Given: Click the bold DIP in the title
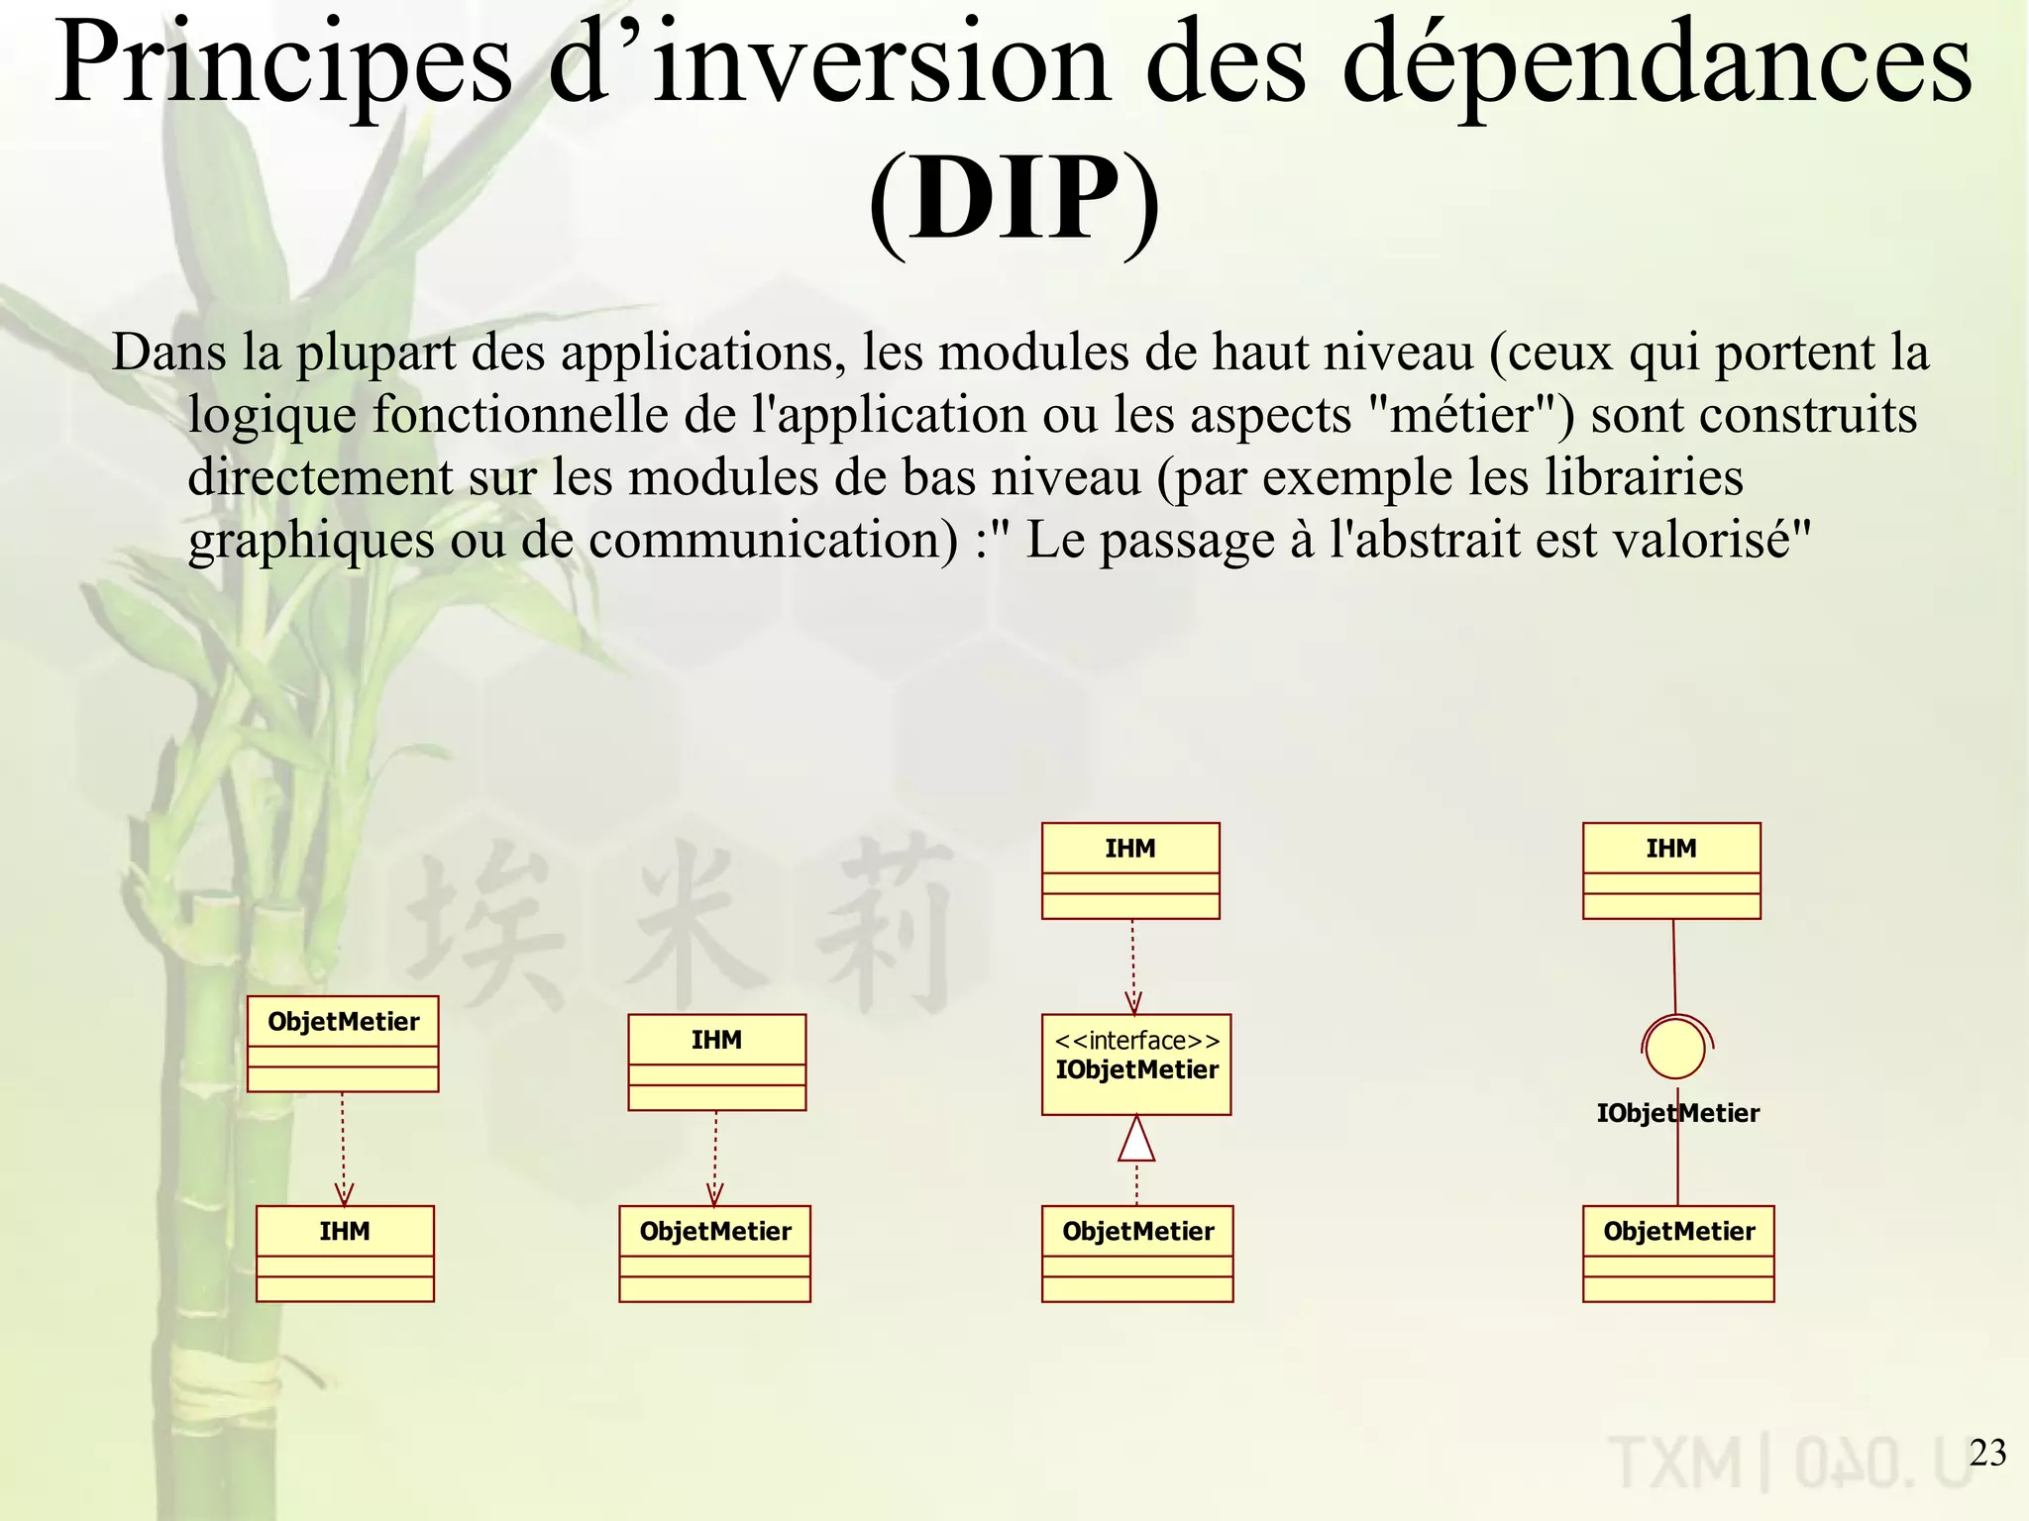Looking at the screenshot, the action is [1014, 198].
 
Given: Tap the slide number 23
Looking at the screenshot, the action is [1987, 1452].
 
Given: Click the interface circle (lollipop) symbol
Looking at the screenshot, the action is [1675, 1048].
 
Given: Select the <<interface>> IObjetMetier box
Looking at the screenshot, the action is [1136, 1064].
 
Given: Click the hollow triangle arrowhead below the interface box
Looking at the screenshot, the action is [1136, 1139].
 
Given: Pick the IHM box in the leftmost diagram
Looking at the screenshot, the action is [345, 1253].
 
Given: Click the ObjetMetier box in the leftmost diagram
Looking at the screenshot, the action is [343, 1044].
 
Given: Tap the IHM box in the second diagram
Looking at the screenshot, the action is [716, 1062].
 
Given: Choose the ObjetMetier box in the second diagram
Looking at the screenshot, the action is [714, 1253].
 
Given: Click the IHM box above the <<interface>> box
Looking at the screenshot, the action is [1130, 870].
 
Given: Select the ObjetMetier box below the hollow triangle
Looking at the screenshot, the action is [1137, 1253].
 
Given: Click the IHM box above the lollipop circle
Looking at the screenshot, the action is [1671, 870].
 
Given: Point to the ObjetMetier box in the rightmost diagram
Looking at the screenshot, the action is [1678, 1253].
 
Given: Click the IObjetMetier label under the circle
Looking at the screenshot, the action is [1677, 1113].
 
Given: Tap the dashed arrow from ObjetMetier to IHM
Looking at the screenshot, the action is [343, 1149].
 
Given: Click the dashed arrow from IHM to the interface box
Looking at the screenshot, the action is [1133, 965].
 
